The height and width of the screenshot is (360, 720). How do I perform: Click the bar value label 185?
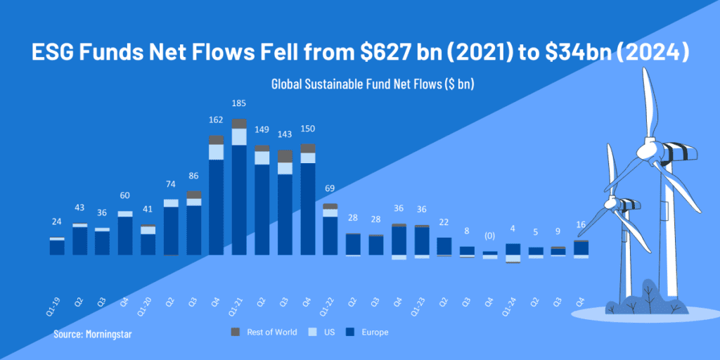coord(239,104)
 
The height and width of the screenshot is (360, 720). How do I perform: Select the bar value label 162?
coord(217,120)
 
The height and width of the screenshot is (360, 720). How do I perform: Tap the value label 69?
coord(330,188)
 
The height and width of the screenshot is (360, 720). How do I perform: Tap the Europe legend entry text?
coord(376,332)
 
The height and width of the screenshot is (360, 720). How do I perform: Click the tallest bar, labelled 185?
coord(239,190)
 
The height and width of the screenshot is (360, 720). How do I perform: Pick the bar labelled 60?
coord(125,233)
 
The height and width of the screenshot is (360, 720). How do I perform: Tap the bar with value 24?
coord(57,246)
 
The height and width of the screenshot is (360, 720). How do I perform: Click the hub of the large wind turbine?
coord(645,150)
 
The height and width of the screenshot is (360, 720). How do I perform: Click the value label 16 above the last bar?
coord(581,223)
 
